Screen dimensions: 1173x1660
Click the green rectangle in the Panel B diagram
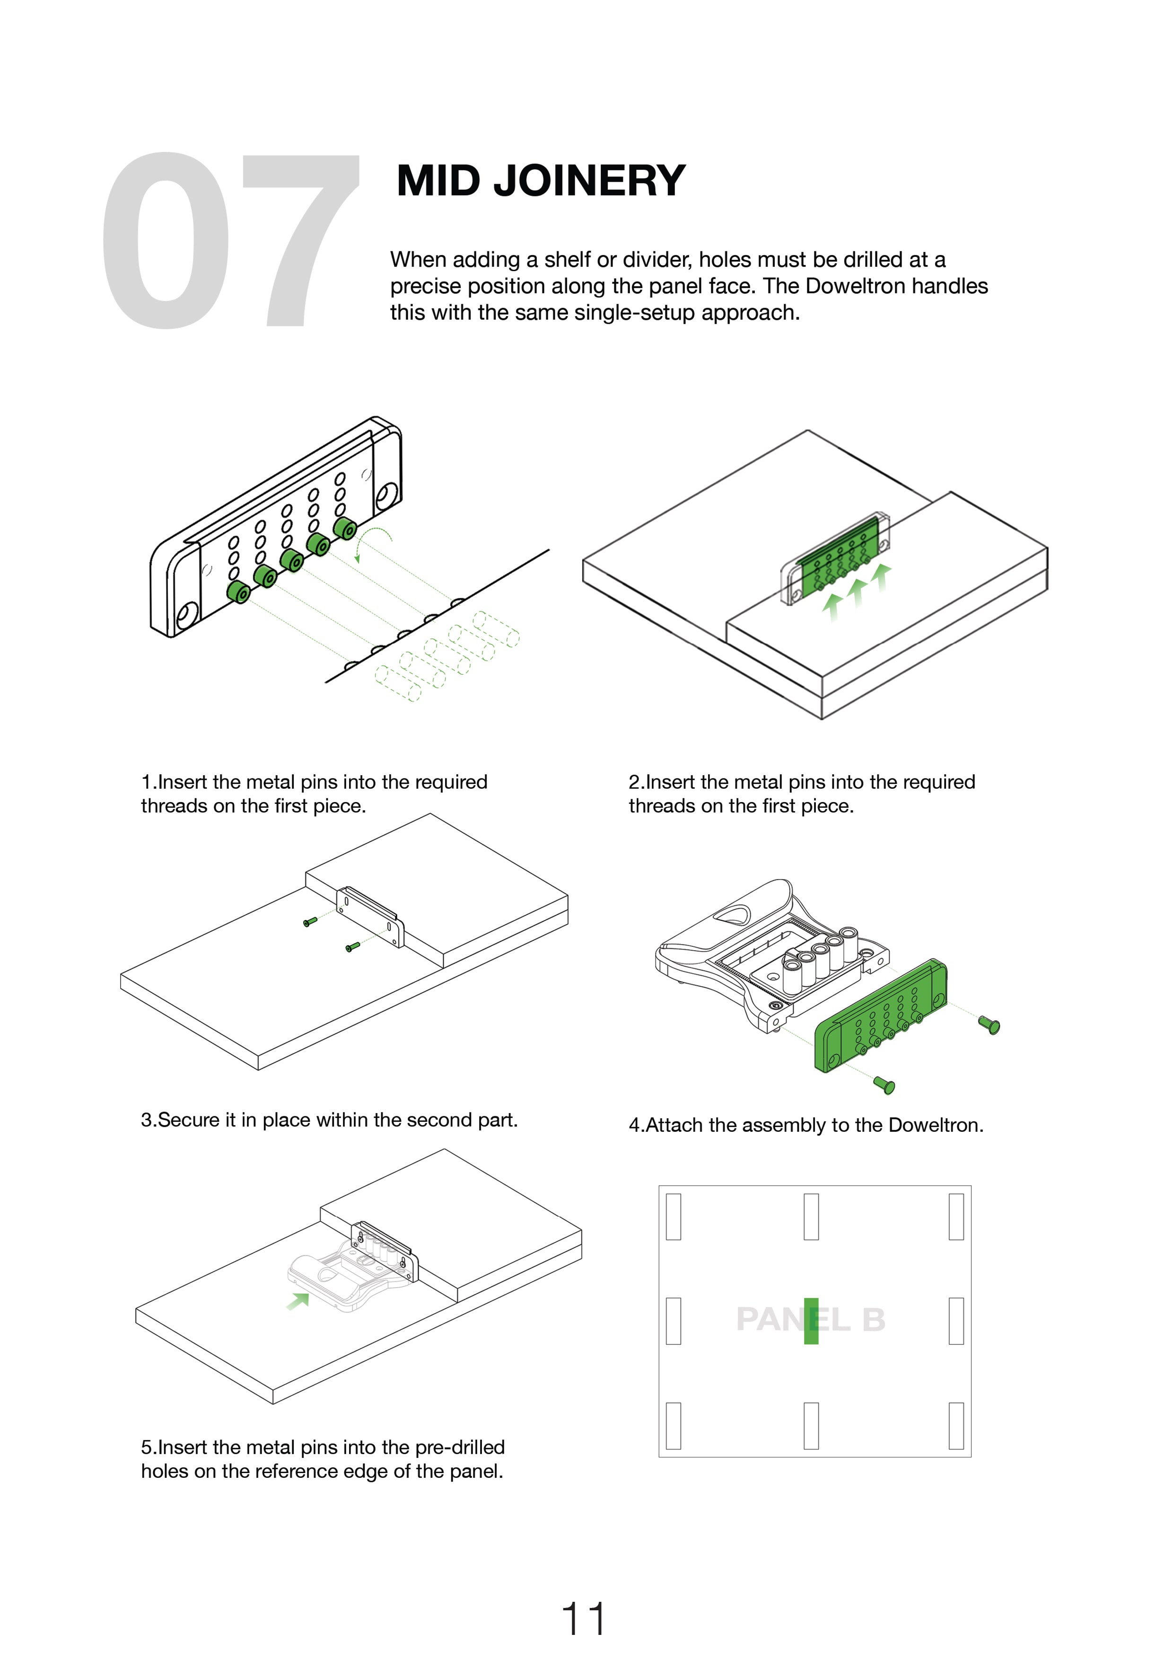click(811, 1321)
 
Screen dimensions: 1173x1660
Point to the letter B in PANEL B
click(873, 1320)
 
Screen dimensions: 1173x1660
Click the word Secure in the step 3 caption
click(188, 1120)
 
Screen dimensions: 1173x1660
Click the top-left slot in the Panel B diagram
click(674, 1217)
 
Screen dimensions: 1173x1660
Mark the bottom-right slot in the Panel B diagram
click(956, 1426)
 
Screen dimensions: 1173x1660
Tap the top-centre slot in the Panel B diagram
click(811, 1217)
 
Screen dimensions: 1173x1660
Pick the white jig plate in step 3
click(370, 916)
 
